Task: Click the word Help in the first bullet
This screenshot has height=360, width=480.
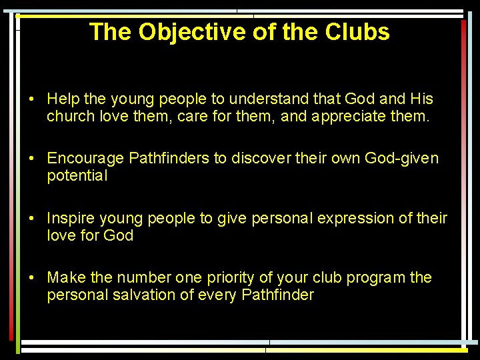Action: pos(63,99)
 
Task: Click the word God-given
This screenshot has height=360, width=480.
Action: pos(402,159)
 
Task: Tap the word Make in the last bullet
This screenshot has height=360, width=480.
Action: pos(65,277)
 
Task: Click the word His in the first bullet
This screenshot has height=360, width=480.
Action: pos(421,99)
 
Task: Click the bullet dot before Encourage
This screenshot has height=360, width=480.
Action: pos(31,159)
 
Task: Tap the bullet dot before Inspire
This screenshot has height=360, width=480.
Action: pos(31,218)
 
